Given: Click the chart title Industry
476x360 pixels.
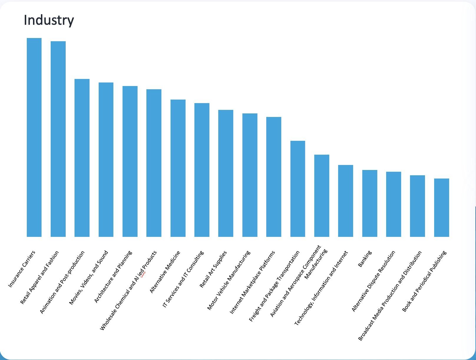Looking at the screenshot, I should coord(49,20).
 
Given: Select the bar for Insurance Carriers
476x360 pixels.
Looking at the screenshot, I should coord(34,137).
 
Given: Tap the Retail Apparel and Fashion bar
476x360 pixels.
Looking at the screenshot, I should coord(58,139).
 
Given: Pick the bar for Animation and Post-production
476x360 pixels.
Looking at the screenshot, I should coord(82,158).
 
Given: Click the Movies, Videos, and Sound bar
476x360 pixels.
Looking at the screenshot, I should coord(106,160).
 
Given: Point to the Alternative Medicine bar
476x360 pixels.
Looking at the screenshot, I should coord(178,168).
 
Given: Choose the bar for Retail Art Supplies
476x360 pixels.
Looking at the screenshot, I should coord(226,173).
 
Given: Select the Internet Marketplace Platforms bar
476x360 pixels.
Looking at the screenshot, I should coord(274,177).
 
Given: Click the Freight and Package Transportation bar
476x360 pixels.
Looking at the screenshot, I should coord(297,189).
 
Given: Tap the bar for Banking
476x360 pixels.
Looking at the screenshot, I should coord(370,203).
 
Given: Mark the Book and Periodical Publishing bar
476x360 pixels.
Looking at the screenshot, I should coord(442,208).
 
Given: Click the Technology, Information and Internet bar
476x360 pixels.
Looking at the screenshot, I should coord(346,201).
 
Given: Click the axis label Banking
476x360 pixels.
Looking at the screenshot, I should coord(365,259).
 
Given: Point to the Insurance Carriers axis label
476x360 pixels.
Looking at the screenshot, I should coord(22,269).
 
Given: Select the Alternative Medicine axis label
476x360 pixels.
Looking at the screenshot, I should coord(165,272).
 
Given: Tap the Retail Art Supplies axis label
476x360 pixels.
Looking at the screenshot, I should coord(213,269).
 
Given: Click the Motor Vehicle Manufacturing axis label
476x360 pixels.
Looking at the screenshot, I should coord(229,280).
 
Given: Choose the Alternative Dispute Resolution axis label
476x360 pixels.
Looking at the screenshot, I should coord(373,281).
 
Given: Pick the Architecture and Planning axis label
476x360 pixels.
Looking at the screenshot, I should coord(113,277).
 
